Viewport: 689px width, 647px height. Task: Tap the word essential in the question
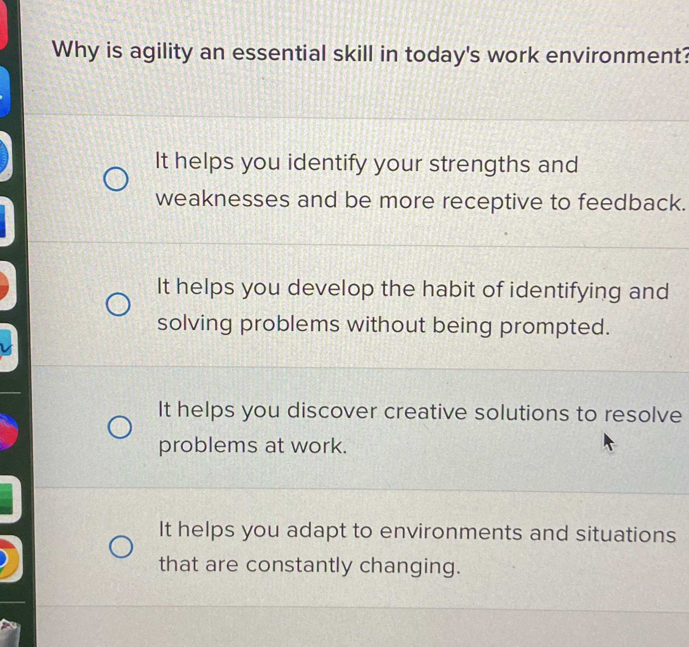pos(279,53)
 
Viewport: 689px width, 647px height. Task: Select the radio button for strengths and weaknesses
pos(116,179)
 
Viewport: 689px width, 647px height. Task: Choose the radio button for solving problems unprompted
pos(118,304)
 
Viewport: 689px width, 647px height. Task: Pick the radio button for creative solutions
pos(120,427)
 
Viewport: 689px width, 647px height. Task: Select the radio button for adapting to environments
pos(121,546)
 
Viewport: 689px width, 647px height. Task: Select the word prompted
pos(554,326)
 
